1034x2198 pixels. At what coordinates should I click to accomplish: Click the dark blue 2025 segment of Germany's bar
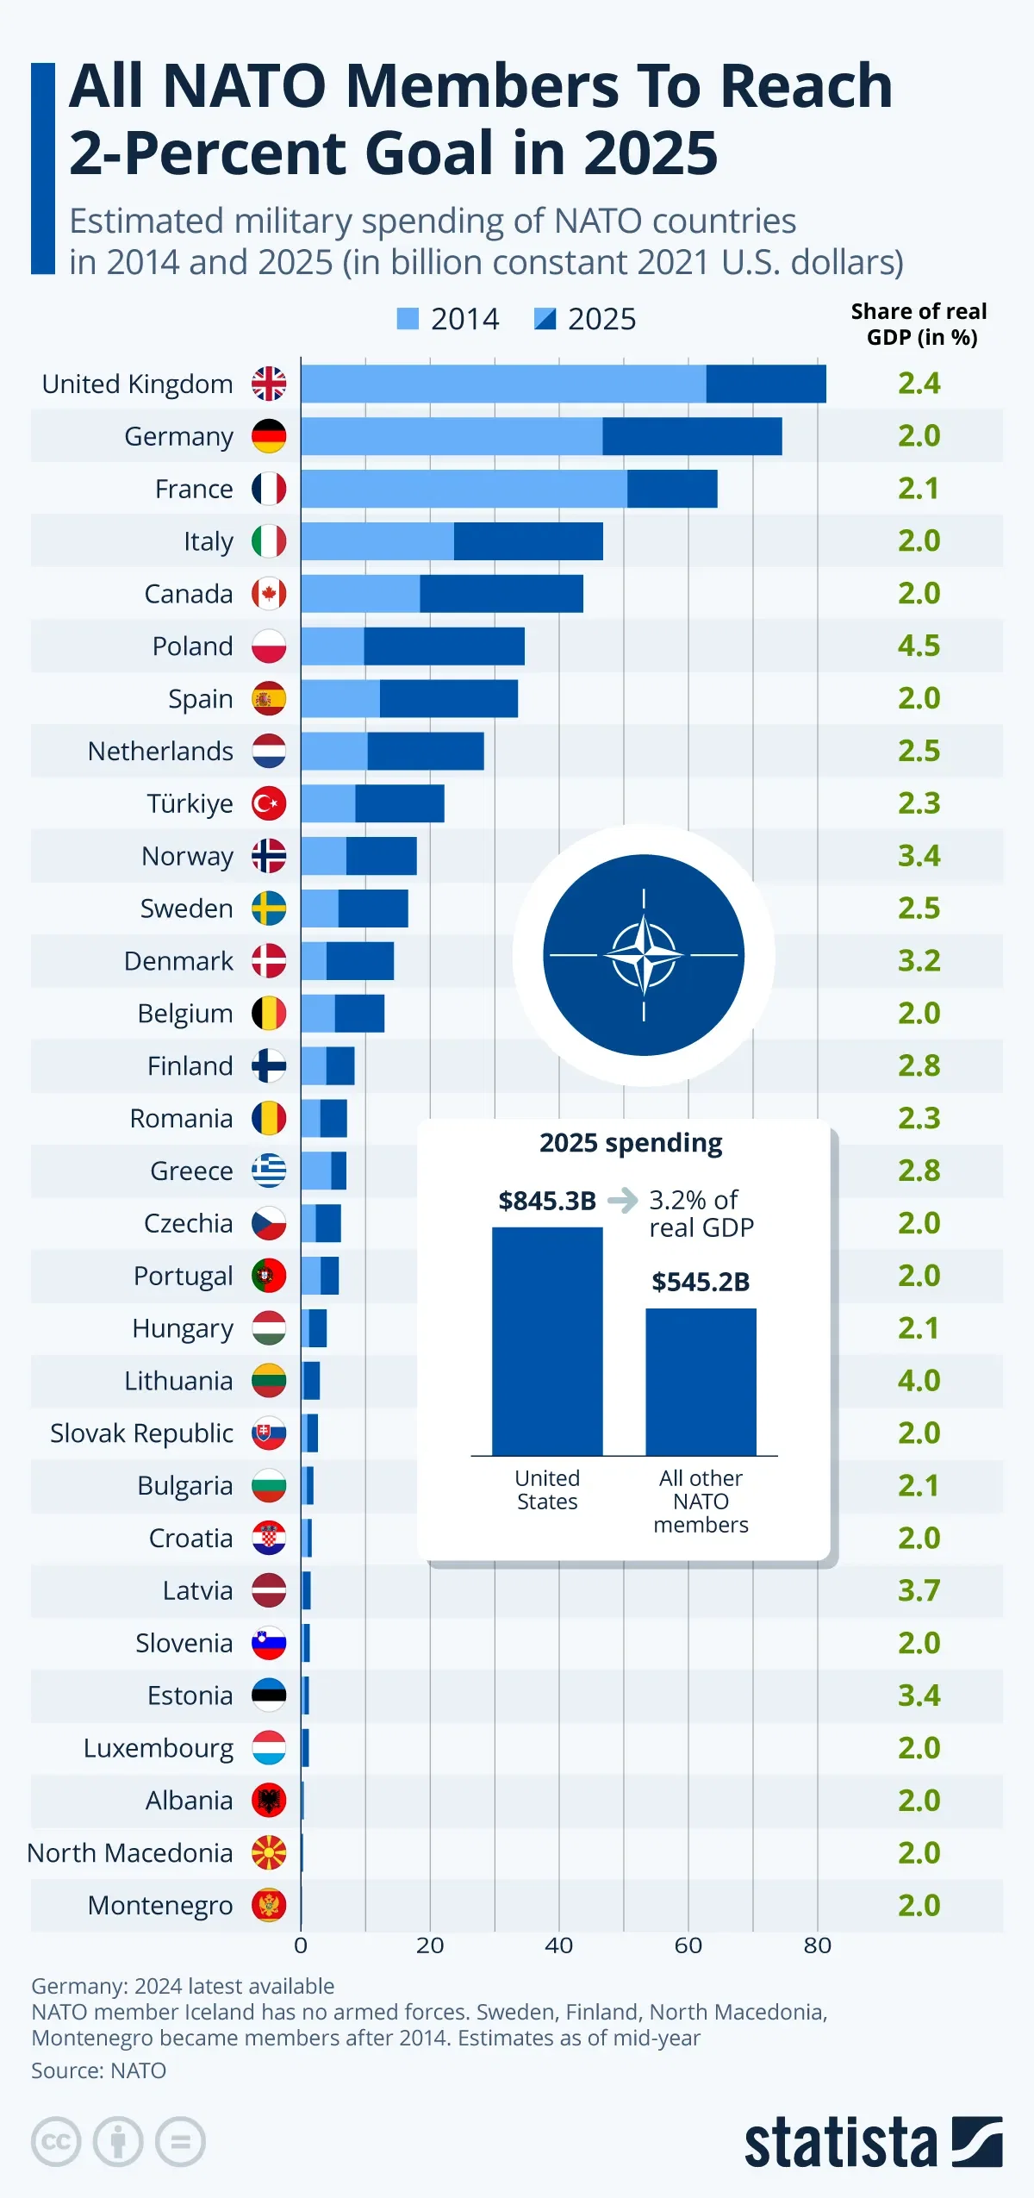point(692,436)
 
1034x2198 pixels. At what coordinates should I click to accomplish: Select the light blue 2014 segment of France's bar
point(464,489)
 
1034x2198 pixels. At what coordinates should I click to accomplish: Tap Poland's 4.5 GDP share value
point(919,646)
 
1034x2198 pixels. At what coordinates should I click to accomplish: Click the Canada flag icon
point(269,594)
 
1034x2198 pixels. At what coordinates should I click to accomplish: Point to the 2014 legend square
point(408,319)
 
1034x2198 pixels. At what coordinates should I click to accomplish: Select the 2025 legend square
point(545,319)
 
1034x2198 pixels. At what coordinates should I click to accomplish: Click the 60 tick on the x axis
point(688,1945)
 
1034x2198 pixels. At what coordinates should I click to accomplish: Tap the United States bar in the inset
point(547,1341)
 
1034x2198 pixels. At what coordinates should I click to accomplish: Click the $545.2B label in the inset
point(701,1282)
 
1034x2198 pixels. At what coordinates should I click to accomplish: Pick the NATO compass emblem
point(644,955)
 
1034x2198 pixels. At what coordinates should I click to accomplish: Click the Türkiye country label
point(190,803)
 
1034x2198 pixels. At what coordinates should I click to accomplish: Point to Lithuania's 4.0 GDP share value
point(919,1380)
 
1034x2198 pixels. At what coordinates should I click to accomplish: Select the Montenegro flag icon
point(269,1905)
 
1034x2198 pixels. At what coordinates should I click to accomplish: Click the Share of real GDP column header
point(919,324)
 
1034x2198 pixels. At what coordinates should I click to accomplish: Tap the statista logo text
point(840,2143)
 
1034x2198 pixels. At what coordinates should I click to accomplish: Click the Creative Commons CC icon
point(56,2142)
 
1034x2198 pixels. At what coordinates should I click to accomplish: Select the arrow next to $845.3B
point(623,1200)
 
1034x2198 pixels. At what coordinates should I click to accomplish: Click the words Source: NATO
point(98,2070)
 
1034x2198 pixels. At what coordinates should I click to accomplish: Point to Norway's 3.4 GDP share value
point(919,856)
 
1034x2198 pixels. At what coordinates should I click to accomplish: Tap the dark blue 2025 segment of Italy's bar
point(528,541)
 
